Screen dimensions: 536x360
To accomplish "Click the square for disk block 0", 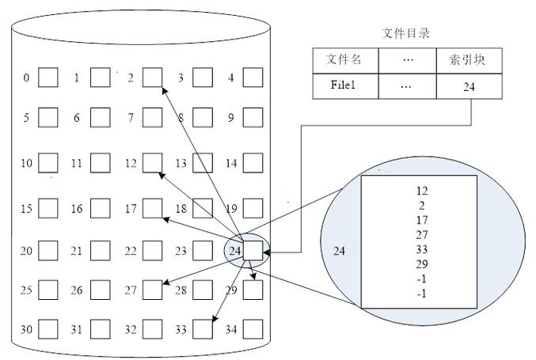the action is coord(48,78).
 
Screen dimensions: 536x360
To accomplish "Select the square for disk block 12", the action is coord(153,162).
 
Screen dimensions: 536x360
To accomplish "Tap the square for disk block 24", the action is coord(253,251).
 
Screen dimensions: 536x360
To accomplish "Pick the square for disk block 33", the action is coord(203,329).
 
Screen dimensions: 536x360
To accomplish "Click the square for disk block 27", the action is coord(153,290).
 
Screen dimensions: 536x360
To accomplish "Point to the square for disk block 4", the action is coord(253,78).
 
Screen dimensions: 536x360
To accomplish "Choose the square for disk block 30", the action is coord(48,329).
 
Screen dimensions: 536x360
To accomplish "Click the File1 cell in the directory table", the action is coord(343,85).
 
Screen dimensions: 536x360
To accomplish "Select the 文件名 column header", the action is coord(344,59).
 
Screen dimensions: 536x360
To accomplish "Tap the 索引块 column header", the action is coord(467,60).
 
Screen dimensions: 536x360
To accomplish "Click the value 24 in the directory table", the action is coord(469,87).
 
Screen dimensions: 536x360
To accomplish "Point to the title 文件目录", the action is coord(405,33).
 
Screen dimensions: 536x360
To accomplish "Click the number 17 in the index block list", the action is coord(422,220).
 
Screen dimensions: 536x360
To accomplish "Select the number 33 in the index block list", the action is coord(422,249).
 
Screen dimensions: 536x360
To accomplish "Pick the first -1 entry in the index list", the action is coord(422,279).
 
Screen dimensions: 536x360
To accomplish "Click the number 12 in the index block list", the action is coord(422,191).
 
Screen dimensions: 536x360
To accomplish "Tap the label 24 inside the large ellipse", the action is coord(339,251).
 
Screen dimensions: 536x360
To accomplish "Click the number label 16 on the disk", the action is coord(77,208).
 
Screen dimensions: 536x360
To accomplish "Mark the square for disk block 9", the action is coord(253,118).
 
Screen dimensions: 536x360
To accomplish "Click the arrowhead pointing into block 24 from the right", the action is coord(267,252).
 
